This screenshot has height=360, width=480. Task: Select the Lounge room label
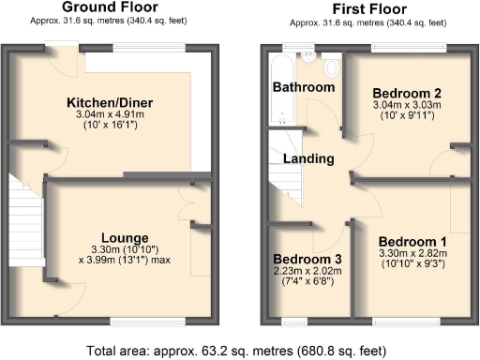click(125, 236)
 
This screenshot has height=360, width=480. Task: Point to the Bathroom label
click(304, 87)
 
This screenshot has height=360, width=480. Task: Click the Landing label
click(309, 159)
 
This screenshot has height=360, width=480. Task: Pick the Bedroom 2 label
click(407, 93)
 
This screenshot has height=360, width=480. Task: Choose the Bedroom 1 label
click(412, 241)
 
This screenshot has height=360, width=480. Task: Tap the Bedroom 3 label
click(307, 259)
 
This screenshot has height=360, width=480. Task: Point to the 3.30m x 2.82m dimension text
click(412, 253)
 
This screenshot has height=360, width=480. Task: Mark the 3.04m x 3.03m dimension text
click(407, 105)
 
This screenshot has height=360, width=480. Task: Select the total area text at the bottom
click(240, 351)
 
